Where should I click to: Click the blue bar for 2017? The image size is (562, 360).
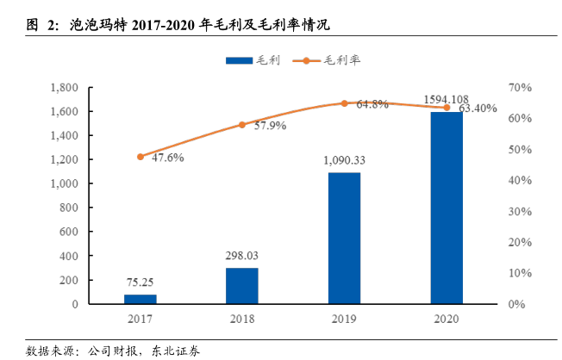[140, 299]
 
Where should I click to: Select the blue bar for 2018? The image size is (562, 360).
[242, 286]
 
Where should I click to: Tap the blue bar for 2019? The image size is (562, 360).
[344, 238]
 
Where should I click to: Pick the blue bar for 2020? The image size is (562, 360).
[446, 208]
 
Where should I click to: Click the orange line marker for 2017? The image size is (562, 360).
[140, 157]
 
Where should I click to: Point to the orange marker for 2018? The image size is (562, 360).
[242, 125]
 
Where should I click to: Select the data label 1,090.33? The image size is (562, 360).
[344, 160]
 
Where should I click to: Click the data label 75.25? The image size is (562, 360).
[140, 281]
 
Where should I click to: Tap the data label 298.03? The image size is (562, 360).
[242, 256]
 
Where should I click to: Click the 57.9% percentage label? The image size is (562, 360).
[268, 125]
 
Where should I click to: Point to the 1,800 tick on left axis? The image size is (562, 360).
[66, 88]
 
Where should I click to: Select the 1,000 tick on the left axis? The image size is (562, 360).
[66, 184]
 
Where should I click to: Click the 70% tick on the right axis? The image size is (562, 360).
[520, 88]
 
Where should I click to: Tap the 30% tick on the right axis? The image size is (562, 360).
[520, 211]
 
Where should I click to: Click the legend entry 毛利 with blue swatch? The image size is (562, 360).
[250, 60]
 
